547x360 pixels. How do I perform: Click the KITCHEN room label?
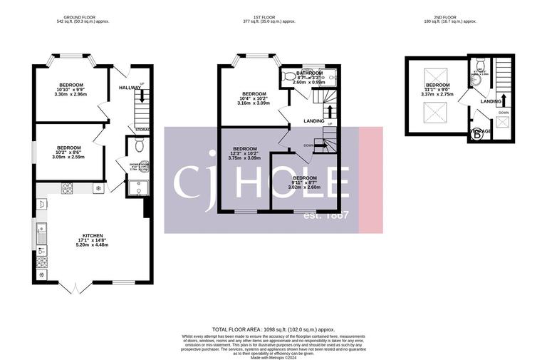click(x=93, y=235)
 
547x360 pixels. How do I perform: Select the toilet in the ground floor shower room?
click(x=139, y=146)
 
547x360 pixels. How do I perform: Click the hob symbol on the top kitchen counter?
click(x=68, y=189)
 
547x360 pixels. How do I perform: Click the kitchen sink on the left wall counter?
click(x=41, y=232)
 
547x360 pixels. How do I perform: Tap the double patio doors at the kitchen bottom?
click(x=75, y=287)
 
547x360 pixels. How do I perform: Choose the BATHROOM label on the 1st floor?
click(x=309, y=73)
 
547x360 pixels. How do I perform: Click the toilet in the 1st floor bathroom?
click(x=288, y=75)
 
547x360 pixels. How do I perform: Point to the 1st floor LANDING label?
click(x=314, y=121)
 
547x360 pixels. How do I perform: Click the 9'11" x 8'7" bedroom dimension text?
click(x=304, y=182)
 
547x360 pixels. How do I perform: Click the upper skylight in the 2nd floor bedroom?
click(x=432, y=76)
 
